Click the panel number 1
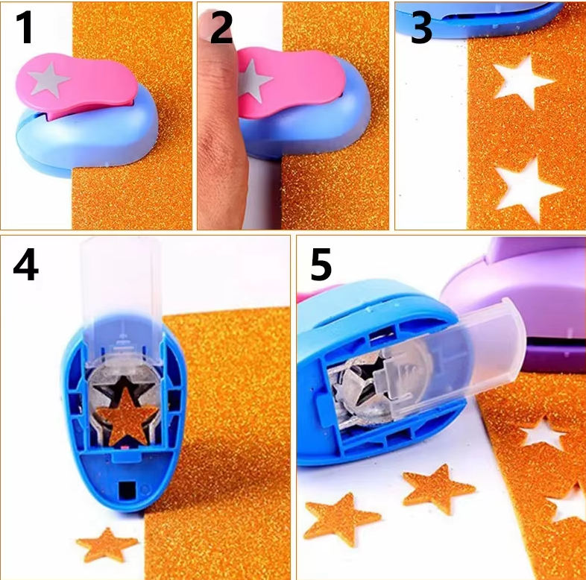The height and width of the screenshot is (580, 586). point(25,27)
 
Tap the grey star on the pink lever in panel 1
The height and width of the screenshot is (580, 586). point(49,80)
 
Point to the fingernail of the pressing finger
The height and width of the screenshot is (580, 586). point(207,25)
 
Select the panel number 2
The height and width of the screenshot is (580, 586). point(221,27)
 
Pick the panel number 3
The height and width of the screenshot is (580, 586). point(421,28)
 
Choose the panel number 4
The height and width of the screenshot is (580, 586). point(25,265)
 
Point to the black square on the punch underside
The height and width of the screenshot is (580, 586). point(127,490)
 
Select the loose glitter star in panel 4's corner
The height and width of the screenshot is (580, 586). point(107,544)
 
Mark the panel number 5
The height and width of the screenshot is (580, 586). point(321,265)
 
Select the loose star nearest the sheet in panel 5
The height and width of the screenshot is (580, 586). point(438,489)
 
